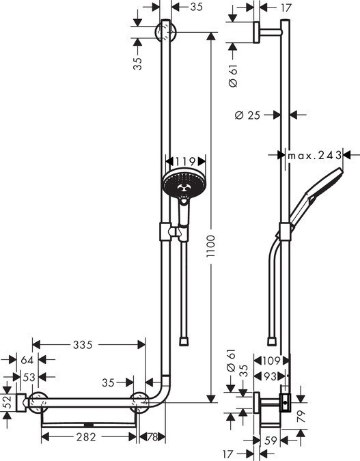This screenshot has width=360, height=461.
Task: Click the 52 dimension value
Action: (7, 403)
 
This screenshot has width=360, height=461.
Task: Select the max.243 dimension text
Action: (314, 156)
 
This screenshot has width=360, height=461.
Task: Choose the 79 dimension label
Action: (301, 413)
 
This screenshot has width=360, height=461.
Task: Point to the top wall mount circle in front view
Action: (165, 31)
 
